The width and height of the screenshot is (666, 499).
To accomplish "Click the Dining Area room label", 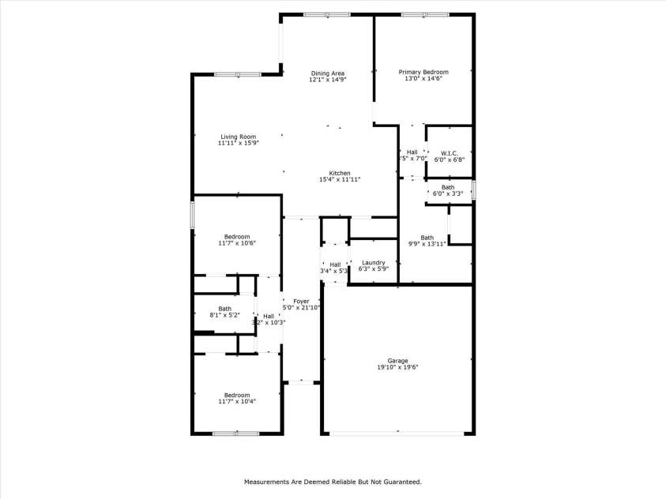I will pyautogui.click(x=327, y=73).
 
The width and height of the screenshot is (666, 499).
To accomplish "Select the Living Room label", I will pyautogui.click(x=238, y=137).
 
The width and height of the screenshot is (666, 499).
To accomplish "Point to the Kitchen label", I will pyautogui.click(x=340, y=173).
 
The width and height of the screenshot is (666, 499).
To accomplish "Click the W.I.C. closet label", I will pyautogui.click(x=449, y=152).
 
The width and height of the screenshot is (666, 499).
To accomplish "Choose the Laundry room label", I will pyautogui.click(x=373, y=263).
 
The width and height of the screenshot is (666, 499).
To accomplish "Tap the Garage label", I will pyautogui.click(x=397, y=360).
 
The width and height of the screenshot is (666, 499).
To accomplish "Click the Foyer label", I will pyautogui.click(x=301, y=301).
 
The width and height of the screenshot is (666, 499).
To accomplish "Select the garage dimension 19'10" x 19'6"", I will pyautogui.click(x=397, y=367).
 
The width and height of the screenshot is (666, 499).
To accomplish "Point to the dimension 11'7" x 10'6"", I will pyautogui.click(x=237, y=243).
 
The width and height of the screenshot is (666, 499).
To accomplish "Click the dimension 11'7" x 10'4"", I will pyautogui.click(x=237, y=402).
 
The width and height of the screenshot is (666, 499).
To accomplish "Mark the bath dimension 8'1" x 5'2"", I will pyautogui.click(x=225, y=315).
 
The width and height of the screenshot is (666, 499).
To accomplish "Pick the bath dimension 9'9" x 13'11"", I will pyautogui.click(x=427, y=244).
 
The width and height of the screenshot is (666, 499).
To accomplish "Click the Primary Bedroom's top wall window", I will pyautogui.click(x=425, y=14).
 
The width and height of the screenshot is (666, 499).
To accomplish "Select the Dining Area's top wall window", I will pyautogui.click(x=327, y=14).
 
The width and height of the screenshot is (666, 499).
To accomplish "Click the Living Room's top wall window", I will pyautogui.click(x=238, y=74).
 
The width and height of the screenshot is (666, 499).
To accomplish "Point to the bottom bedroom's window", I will pyautogui.click(x=235, y=433).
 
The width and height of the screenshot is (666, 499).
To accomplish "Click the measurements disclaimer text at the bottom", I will pyautogui.click(x=333, y=481).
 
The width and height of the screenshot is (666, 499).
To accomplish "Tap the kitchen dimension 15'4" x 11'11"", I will pyautogui.click(x=340, y=180).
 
